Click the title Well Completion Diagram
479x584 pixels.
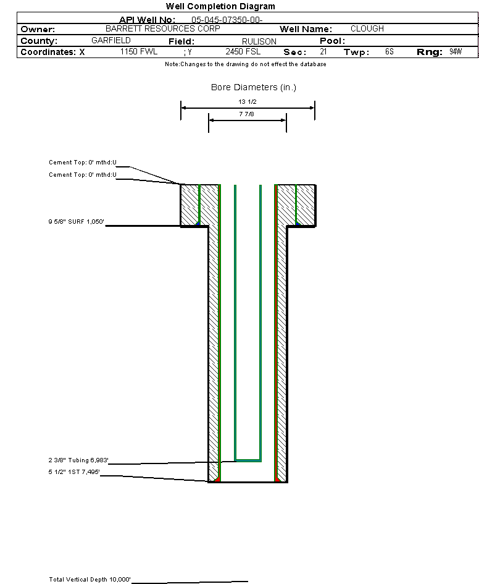click(x=220, y=6)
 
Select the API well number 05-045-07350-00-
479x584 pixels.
click(x=227, y=20)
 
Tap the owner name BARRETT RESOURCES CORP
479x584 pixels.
click(x=163, y=28)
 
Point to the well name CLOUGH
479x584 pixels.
click(x=367, y=28)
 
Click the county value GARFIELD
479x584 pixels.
click(x=111, y=40)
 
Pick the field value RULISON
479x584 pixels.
click(x=259, y=41)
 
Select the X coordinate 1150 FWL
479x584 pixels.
click(x=139, y=51)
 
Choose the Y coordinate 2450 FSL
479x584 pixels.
click(x=243, y=51)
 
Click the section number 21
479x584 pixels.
click(x=323, y=51)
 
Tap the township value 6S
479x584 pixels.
click(x=389, y=51)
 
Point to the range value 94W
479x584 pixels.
click(x=456, y=51)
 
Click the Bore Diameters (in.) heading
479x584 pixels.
click(x=254, y=87)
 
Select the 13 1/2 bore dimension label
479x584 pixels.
click(x=248, y=102)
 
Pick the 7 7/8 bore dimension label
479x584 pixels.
click(x=246, y=114)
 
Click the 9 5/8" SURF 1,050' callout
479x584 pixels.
click(x=76, y=222)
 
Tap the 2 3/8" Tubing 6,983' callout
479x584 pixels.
click(x=78, y=460)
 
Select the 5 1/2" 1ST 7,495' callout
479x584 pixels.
click(x=74, y=472)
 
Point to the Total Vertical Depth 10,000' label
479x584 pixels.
click(x=90, y=580)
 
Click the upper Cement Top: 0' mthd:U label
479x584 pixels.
click(x=83, y=163)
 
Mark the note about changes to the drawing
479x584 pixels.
click(x=246, y=64)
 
